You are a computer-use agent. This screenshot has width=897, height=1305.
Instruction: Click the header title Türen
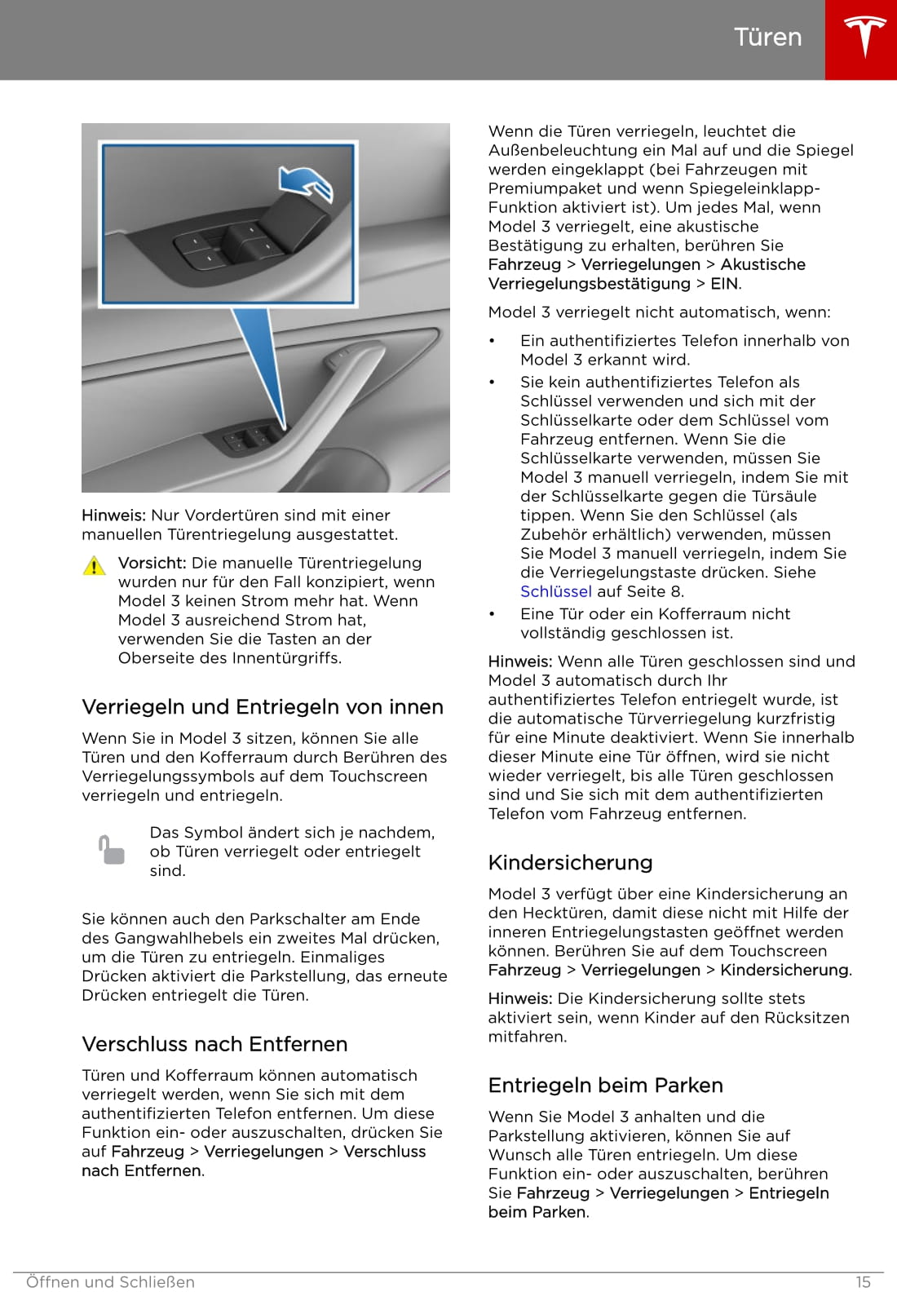pos(767,38)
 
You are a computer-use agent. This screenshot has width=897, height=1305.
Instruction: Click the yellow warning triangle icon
pos(95,565)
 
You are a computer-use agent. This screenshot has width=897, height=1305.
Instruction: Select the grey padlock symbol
pos(112,850)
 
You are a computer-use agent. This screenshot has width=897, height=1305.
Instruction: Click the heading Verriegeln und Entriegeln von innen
pos(263,707)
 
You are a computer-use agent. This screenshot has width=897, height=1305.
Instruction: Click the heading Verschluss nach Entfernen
pos(214,1044)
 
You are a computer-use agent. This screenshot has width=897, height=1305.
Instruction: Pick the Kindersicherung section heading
pos(570,862)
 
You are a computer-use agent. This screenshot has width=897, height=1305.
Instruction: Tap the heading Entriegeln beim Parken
pos(605,1085)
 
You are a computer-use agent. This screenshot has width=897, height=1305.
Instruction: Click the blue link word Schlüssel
pos(555,591)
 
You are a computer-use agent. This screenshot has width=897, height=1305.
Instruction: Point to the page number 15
pos(863,1282)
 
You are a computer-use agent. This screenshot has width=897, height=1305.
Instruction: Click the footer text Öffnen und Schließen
pos(110,1282)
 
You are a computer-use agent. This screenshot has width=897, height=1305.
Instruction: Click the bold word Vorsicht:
pos(152,563)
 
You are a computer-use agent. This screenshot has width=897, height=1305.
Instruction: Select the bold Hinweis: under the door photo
pos(113,515)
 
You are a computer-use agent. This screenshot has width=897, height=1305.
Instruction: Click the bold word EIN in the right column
pos(724,284)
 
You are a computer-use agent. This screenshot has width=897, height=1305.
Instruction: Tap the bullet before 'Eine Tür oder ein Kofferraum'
pos(492,614)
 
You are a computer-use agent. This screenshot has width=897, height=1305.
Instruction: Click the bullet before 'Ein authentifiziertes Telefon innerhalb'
pos(492,341)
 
